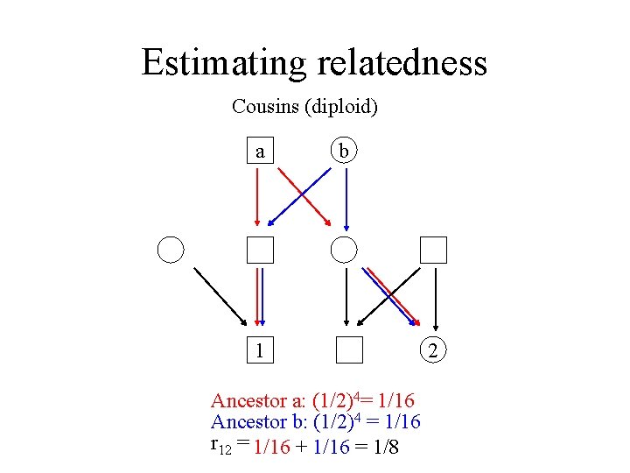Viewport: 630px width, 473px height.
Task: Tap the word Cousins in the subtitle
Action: click(263, 107)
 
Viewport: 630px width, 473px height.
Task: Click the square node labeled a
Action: click(259, 152)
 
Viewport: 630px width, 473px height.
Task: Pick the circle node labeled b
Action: click(345, 152)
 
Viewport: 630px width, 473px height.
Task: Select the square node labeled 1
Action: click(259, 349)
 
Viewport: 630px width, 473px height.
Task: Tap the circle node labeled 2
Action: click(434, 349)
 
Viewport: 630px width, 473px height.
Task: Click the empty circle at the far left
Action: click(171, 250)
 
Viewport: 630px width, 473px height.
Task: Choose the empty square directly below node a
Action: click(259, 250)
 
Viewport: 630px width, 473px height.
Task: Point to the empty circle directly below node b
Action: click(345, 250)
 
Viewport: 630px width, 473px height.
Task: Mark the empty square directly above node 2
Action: click(434, 250)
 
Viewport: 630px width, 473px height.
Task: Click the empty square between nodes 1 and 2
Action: click(349, 349)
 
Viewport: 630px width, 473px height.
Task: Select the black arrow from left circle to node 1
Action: click(219, 295)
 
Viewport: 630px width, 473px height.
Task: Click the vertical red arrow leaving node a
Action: click(257, 197)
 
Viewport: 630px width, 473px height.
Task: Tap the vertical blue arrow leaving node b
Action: click(347, 197)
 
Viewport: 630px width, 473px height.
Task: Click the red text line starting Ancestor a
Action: click(312, 401)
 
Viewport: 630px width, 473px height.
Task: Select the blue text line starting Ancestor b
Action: click(315, 422)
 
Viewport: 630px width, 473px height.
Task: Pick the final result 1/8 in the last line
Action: click(381, 446)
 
